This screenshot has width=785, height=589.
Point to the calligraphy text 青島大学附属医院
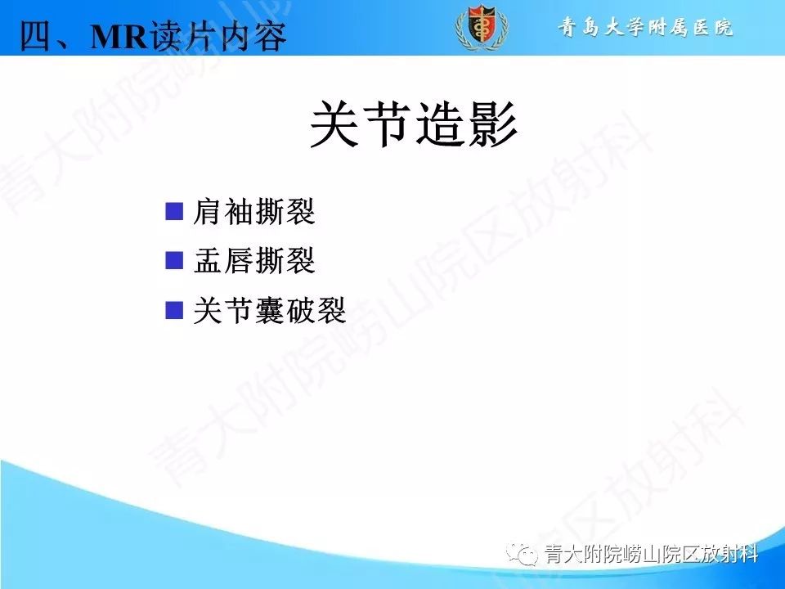(646, 28)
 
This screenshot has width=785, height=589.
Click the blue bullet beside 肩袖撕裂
(173, 212)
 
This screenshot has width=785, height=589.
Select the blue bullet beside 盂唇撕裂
(173, 261)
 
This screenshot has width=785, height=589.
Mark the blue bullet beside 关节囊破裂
(173, 310)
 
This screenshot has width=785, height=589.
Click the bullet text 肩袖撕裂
(254, 214)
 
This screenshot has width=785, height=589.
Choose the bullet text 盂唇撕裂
(254, 263)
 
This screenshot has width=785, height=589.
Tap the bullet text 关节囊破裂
(270, 312)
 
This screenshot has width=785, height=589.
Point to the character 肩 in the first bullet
(208, 214)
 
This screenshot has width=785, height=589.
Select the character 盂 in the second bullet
(208, 263)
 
